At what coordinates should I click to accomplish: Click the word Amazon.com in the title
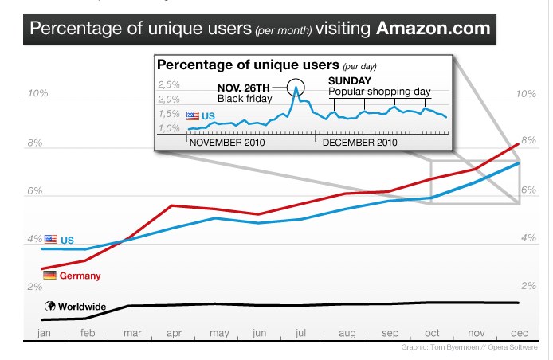pyautogui.click(x=430, y=30)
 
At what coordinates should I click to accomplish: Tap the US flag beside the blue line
pyautogui.click(x=51, y=239)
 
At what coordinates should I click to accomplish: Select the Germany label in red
pyautogui.click(x=80, y=276)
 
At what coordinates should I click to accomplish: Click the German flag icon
pyautogui.click(x=50, y=275)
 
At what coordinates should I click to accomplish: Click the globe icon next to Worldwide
pyautogui.click(x=50, y=305)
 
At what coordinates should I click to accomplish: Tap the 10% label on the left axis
pyautogui.click(x=38, y=94)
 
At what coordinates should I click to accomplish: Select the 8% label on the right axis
pyautogui.click(x=526, y=142)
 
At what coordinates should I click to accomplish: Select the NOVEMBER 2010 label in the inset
pyautogui.click(x=226, y=143)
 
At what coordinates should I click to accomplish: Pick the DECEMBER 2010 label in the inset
pyautogui.click(x=359, y=143)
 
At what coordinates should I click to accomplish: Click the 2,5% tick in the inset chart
pyautogui.click(x=168, y=84)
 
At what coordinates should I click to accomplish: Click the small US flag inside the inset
pyautogui.click(x=192, y=116)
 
